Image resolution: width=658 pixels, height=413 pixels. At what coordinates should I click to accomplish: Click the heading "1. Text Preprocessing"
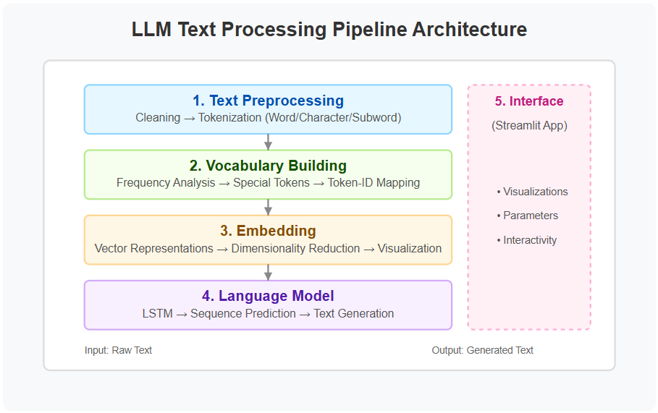[268, 101]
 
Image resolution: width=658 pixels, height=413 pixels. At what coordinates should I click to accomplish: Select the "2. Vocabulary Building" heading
[268, 166]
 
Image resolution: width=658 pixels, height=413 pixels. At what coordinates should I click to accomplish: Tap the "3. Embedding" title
[268, 231]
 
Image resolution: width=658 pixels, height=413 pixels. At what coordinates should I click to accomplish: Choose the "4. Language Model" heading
[268, 296]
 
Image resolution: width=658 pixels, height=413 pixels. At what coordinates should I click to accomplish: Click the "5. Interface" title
[529, 101]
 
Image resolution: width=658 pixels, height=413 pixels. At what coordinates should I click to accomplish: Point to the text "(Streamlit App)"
[529, 125]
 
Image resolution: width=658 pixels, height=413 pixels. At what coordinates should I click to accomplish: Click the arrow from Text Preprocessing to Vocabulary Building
[268, 142]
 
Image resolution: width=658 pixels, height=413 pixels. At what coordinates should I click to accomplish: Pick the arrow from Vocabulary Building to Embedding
[268, 207]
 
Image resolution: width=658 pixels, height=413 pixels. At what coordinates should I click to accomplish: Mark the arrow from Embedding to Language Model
[268, 273]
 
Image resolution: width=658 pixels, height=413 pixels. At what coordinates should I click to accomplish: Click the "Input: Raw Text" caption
[118, 350]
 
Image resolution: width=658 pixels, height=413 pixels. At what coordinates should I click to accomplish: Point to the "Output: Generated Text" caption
[483, 350]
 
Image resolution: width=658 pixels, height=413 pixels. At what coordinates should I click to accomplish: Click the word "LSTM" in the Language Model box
[157, 314]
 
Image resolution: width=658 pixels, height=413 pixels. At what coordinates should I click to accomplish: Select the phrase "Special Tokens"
[271, 183]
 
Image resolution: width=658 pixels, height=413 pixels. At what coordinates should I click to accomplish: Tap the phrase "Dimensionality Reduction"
[295, 248]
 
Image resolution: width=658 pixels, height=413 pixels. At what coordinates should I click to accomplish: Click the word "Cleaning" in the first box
[158, 117]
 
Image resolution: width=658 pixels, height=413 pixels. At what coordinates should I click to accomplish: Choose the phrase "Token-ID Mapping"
[374, 183]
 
